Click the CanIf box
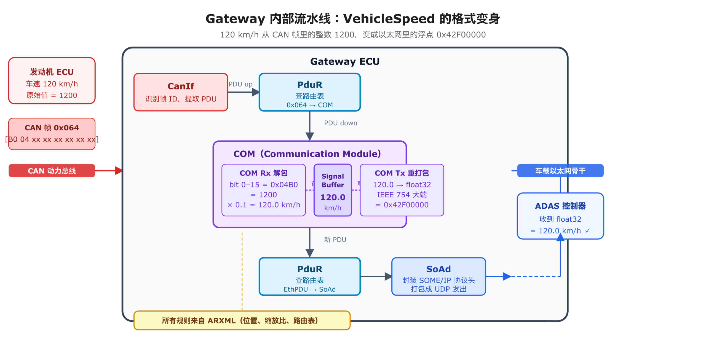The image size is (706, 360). click(x=180, y=92)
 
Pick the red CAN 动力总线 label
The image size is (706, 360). click(x=52, y=170)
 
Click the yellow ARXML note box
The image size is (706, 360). click(x=242, y=320)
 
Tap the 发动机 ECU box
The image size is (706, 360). click(x=52, y=80)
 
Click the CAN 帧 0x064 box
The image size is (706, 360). click(x=52, y=133)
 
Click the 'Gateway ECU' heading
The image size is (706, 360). click(x=344, y=61)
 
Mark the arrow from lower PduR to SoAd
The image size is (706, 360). click(x=375, y=276)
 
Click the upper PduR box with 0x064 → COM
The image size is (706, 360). click(x=309, y=92)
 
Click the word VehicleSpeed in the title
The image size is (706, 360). click(x=389, y=19)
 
